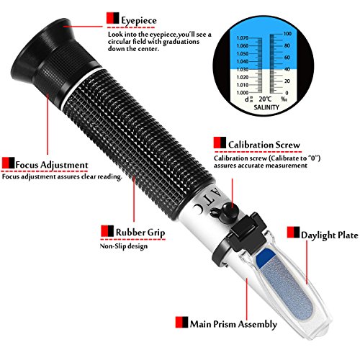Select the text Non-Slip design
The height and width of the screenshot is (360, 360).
pos(124,246)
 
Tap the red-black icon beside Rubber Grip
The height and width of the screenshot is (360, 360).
pos(106,232)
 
